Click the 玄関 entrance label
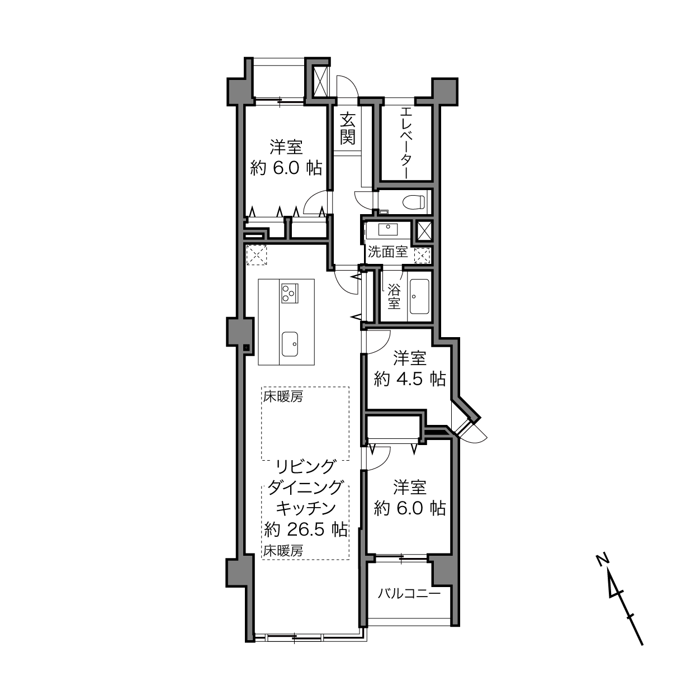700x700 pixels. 348,129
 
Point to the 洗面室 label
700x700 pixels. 387,252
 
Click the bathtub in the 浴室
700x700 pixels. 419,297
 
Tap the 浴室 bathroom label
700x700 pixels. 394,296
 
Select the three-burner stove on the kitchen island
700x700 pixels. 290,293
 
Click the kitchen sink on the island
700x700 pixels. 290,344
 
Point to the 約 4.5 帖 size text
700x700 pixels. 410,379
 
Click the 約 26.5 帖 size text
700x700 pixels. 305,530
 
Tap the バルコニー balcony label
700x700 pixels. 409,594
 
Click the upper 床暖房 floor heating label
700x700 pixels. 283,397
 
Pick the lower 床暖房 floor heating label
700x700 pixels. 283,551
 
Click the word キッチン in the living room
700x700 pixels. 305,509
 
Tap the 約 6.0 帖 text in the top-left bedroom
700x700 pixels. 286,168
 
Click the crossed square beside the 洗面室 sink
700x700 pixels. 424,231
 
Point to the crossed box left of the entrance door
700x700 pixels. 321,82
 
